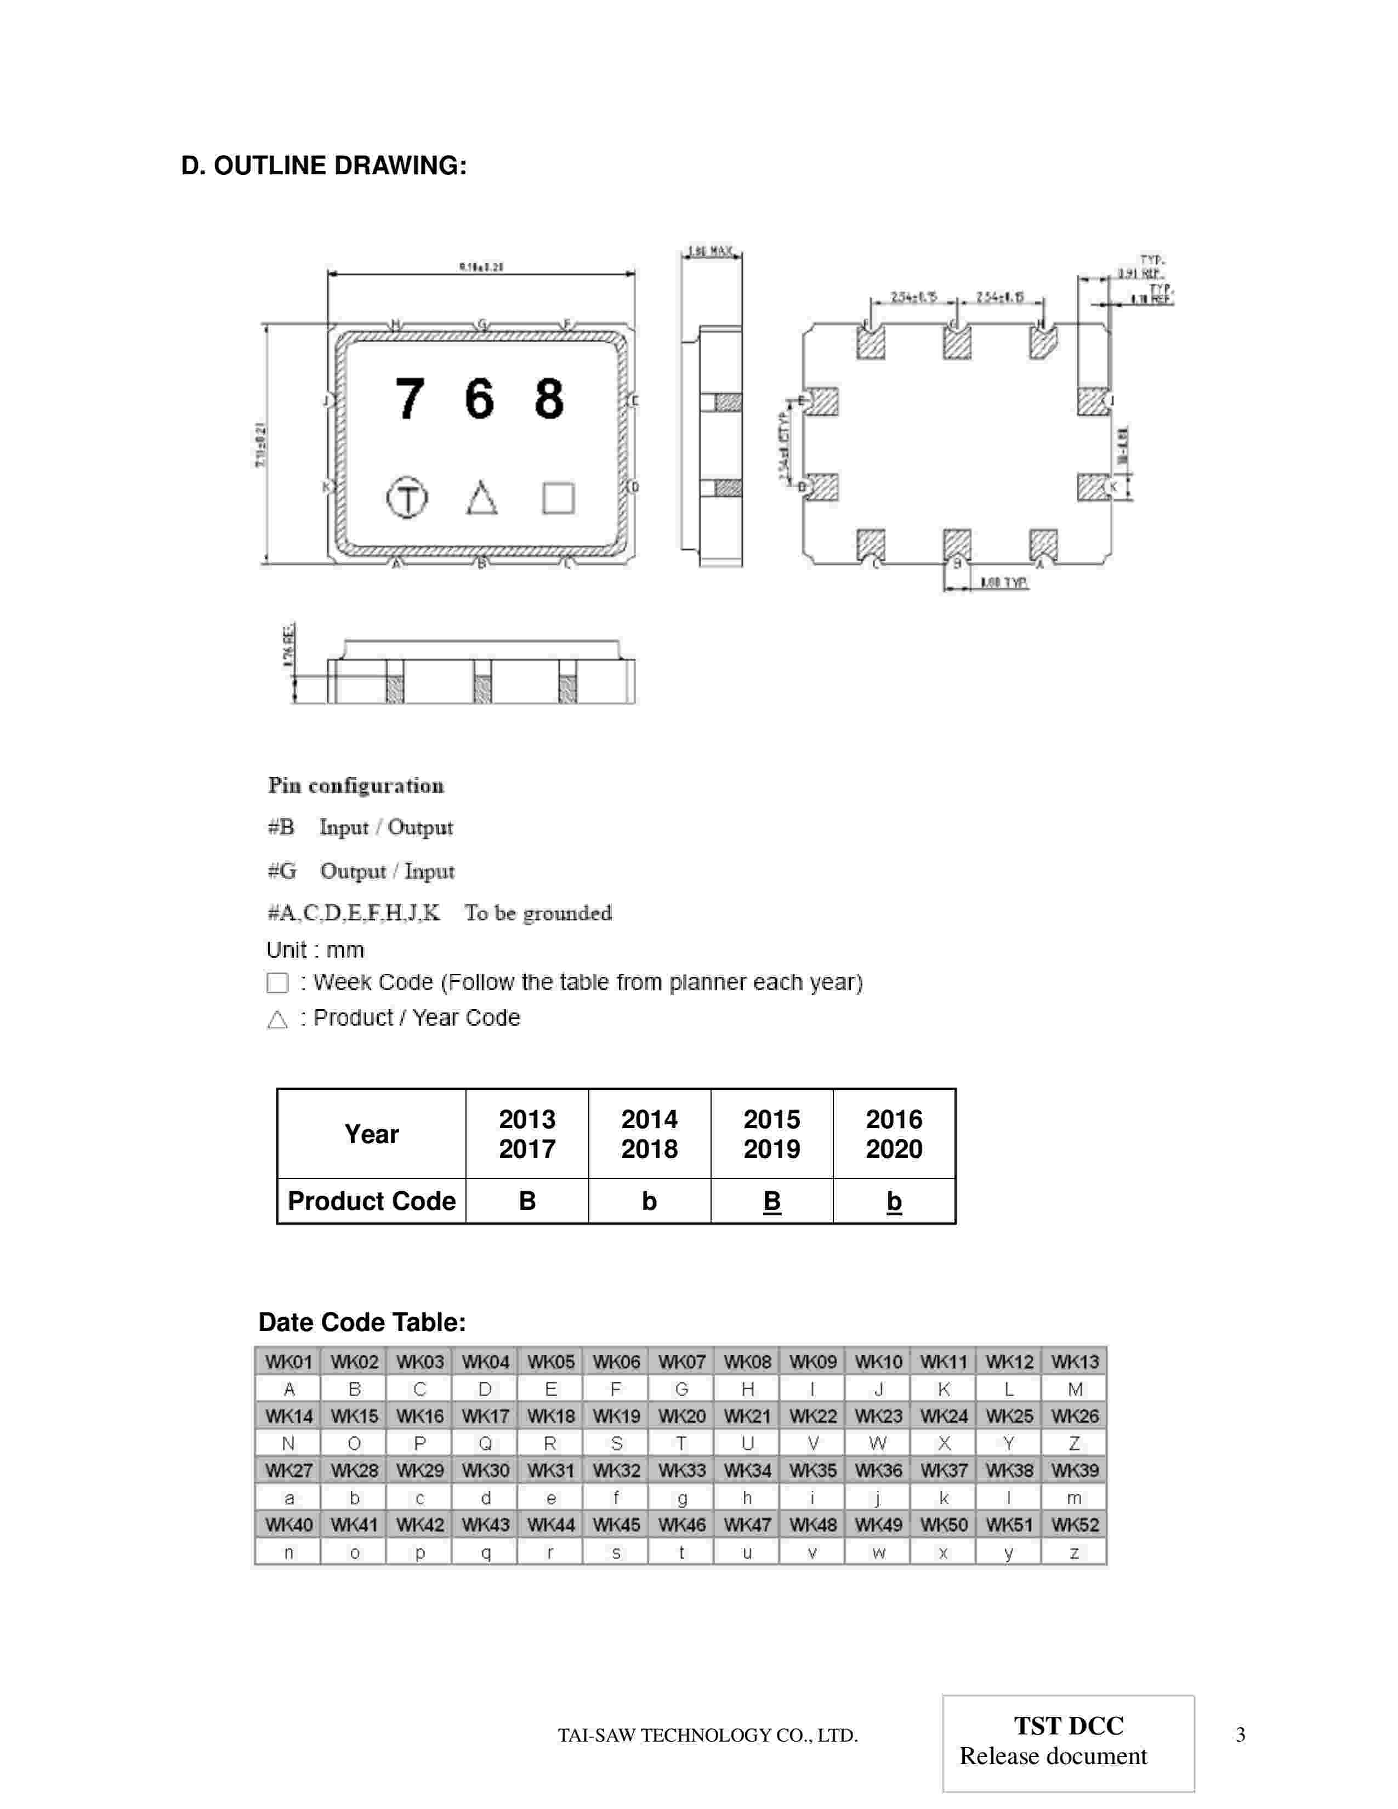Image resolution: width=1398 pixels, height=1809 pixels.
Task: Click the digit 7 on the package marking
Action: click(409, 399)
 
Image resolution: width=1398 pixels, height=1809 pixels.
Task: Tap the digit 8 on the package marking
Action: click(548, 399)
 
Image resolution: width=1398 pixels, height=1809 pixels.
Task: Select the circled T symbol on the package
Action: click(407, 498)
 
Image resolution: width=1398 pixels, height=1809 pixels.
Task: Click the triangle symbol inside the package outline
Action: click(482, 498)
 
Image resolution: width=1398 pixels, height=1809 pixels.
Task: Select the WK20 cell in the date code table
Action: click(681, 1415)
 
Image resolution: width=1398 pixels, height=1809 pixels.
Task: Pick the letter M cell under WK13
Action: click(1074, 1389)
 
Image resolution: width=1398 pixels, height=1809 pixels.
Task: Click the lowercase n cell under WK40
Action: click(288, 1552)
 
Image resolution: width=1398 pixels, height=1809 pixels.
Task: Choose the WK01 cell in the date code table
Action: click(288, 1362)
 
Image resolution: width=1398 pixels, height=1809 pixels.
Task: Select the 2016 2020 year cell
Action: click(894, 1134)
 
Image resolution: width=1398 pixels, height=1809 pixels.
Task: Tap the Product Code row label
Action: click(371, 1201)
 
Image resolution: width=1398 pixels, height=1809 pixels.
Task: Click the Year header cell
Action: click(371, 1134)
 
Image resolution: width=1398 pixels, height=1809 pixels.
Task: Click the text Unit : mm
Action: click(315, 950)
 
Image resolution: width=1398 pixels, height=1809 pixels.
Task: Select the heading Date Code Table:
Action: click(362, 1322)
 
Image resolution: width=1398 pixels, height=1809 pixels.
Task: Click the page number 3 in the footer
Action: click(1240, 1734)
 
